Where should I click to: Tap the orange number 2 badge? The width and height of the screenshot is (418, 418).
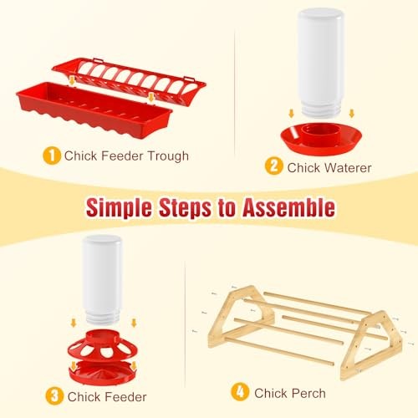coord(273,166)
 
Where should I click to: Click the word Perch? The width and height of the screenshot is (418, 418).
coord(307,392)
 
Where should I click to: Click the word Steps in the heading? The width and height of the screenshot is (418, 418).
coord(197,206)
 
